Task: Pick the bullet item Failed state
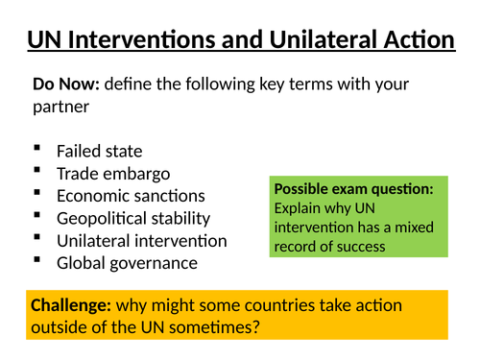point(99,151)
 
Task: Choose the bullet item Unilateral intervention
point(142,240)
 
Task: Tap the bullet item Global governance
point(127,262)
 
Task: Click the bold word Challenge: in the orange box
point(70,306)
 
